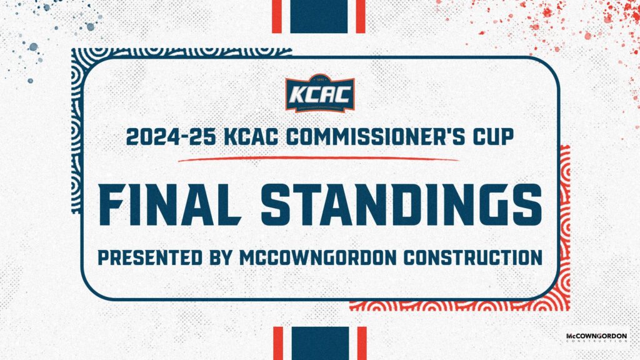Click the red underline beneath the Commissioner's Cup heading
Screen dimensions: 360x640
pos(319,159)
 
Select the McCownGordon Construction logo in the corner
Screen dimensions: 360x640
pos(596,338)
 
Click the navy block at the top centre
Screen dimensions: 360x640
pos(319,16)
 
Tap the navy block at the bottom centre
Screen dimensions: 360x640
pos(319,343)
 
